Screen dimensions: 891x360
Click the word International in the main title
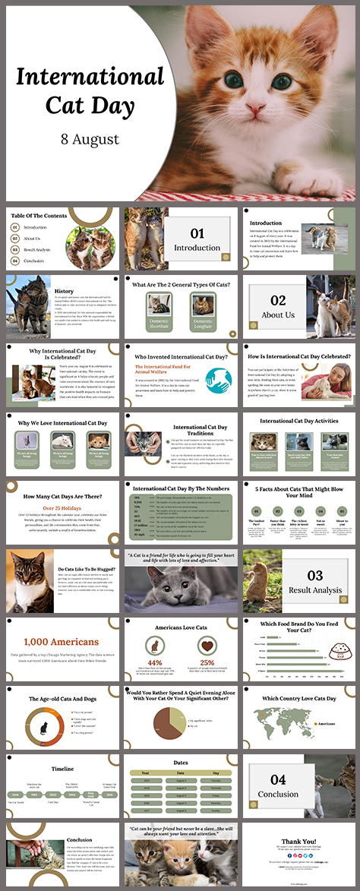90,77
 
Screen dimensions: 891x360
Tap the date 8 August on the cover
90,139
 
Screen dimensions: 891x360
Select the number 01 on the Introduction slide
197,234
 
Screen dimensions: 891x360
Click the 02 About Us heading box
278,306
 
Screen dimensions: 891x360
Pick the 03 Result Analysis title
315,580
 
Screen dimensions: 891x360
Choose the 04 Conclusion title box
278,785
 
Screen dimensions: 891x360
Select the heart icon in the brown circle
207,646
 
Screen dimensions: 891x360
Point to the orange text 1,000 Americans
59,642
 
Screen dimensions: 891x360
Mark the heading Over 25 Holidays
59,507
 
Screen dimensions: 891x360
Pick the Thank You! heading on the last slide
299,841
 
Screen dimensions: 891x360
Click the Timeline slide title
62,769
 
